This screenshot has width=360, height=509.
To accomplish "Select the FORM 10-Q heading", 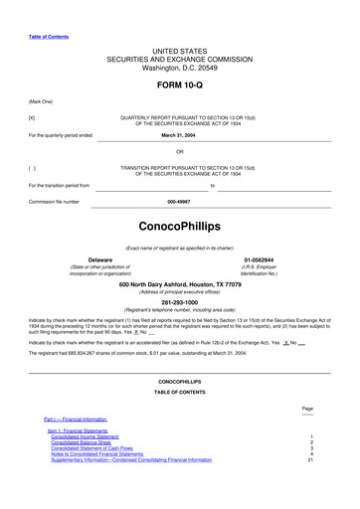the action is click(180, 85).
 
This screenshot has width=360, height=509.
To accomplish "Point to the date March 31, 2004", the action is click(180, 134).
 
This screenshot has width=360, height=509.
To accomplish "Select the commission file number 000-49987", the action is click(180, 202).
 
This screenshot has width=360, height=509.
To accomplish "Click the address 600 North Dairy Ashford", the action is click(180, 284).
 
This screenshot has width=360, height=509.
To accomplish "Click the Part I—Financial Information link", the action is click(75, 419).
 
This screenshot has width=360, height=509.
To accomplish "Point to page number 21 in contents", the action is click(310, 460).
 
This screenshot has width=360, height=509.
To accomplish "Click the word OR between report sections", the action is click(180, 151).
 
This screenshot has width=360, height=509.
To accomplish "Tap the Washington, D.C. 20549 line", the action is click(180, 67).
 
